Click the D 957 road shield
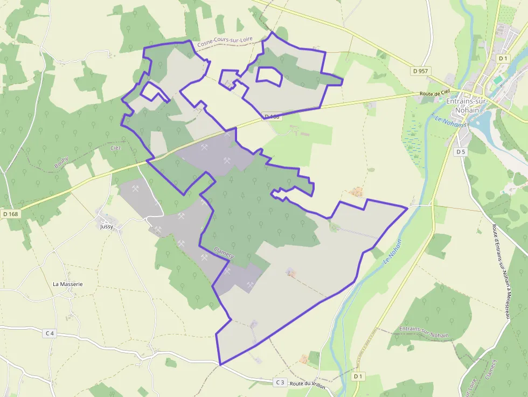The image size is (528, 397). tap(420, 71)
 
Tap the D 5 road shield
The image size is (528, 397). tap(460, 152)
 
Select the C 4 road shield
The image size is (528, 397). tap(50, 333)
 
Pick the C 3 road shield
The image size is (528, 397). tap(280, 382)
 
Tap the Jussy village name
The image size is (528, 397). tap(107, 227)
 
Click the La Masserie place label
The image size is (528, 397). tap(68, 284)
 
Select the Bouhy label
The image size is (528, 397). tap(61, 162)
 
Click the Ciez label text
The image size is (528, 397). tap(116, 148)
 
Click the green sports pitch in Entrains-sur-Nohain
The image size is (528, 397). tap(499, 80)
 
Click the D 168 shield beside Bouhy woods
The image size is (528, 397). tap(10, 214)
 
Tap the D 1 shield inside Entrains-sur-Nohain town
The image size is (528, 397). tap(503, 58)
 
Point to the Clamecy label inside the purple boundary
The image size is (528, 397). tap(224, 253)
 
